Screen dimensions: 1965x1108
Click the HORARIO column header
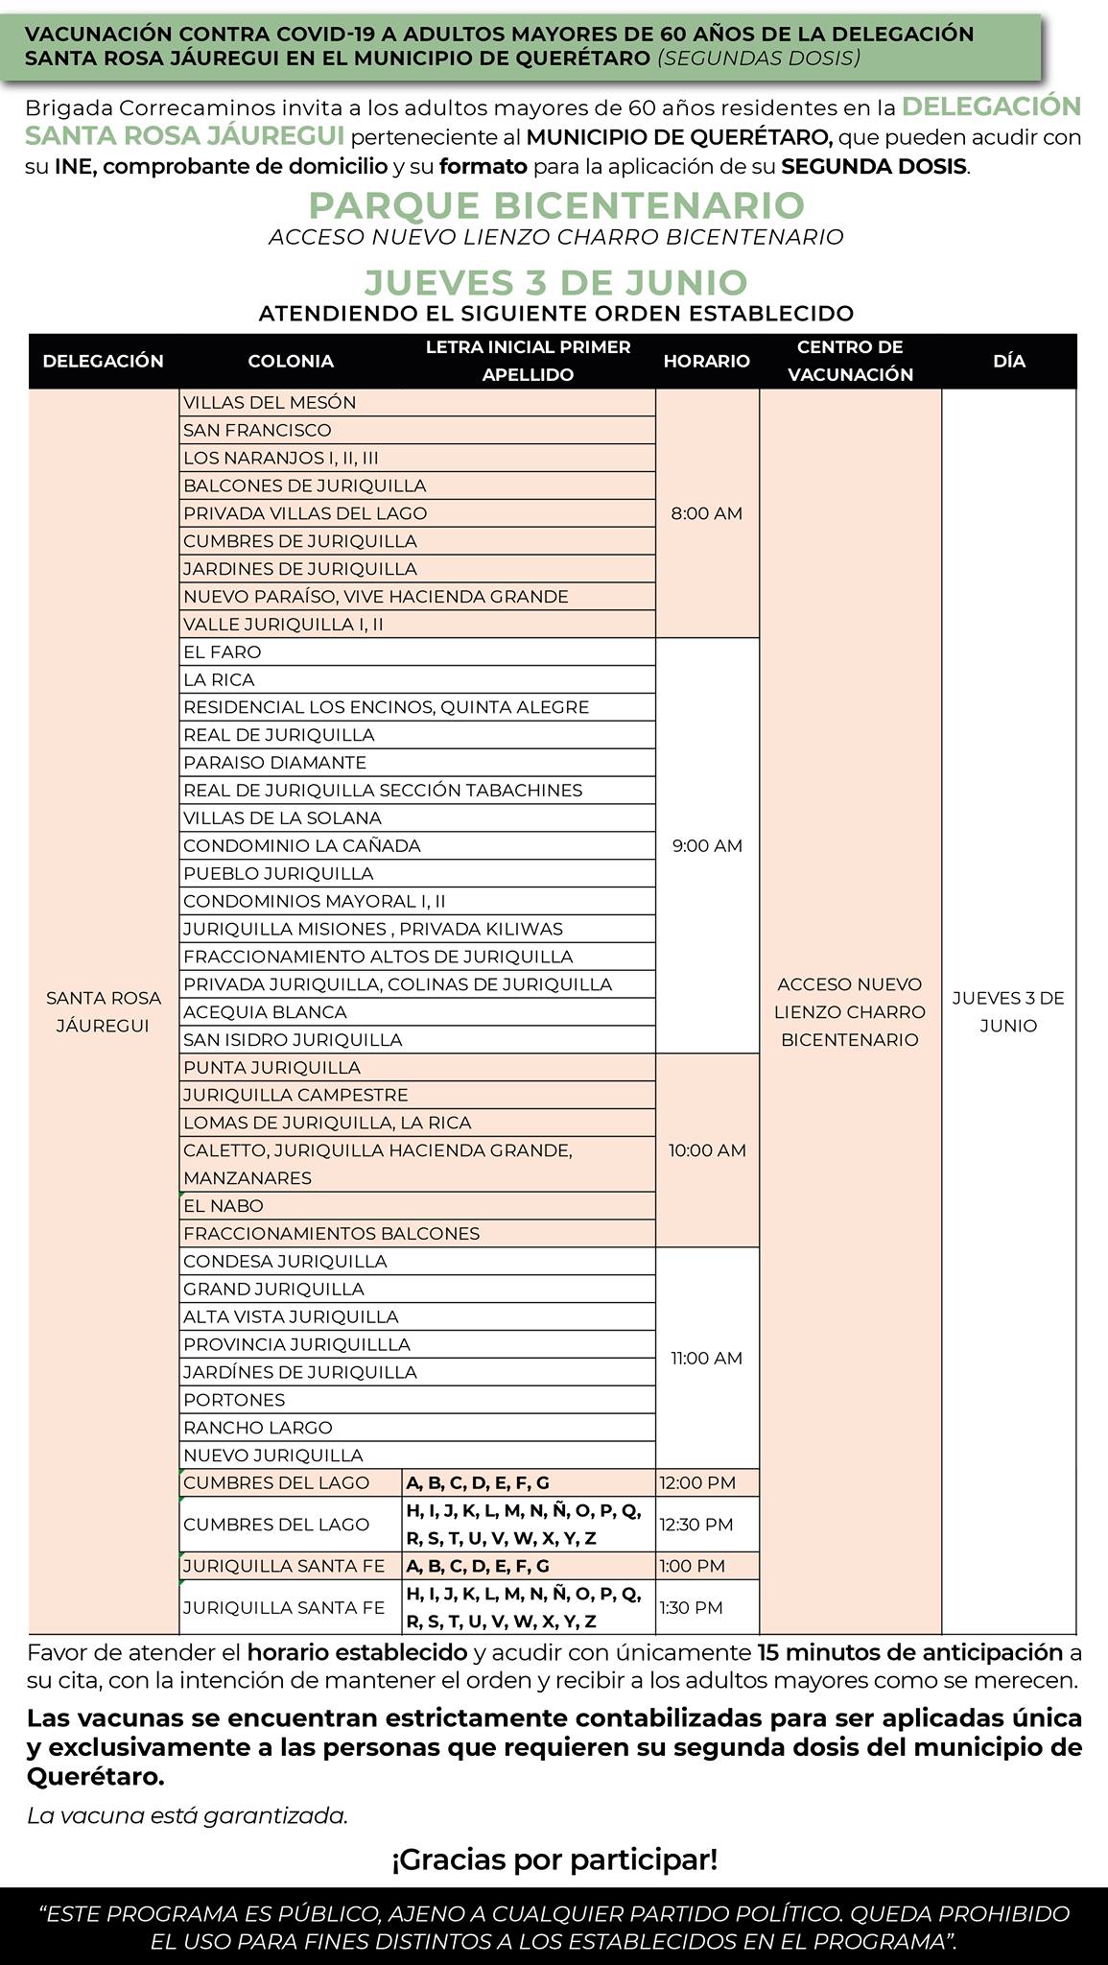pyautogui.click(x=706, y=362)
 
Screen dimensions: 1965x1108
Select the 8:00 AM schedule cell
pyautogui.click(x=706, y=513)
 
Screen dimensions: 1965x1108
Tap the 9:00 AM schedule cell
pyautogui.click(x=706, y=845)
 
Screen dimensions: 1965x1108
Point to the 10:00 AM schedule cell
pyautogui.click(x=706, y=1150)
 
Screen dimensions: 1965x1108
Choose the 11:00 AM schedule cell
pyautogui.click(x=706, y=1358)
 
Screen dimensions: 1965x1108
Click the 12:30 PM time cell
pyautogui.click(x=695, y=1525)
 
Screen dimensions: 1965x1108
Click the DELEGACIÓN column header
pyautogui.click(x=104, y=362)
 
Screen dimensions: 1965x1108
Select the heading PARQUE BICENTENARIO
pyautogui.click(x=556, y=205)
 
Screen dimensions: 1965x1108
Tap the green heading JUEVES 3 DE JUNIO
pyautogui.click(x=555, y=282)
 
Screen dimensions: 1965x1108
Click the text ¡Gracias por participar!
pyautogui.click(x=554, y=1860)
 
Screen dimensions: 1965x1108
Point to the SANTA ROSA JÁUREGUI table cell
pyautogui.click(x=104, y=1011)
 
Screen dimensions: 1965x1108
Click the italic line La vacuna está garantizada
pyautogui.click(x=187, y=1815)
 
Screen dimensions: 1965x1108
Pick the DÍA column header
pyautogui.click(x=1008, y=362)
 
